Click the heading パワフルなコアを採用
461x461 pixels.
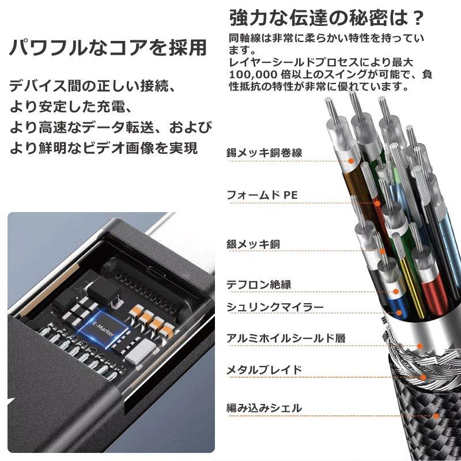[x=108, y=47]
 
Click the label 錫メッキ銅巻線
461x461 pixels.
[x=264, y=153]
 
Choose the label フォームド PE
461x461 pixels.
[x=262, y=195]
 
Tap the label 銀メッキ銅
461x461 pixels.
[x=253, y=244]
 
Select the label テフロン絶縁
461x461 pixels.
[x=259, y=284]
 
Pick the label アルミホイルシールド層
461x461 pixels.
[x=286, y=338]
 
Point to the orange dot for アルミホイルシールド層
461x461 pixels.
[x=420, y=346]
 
